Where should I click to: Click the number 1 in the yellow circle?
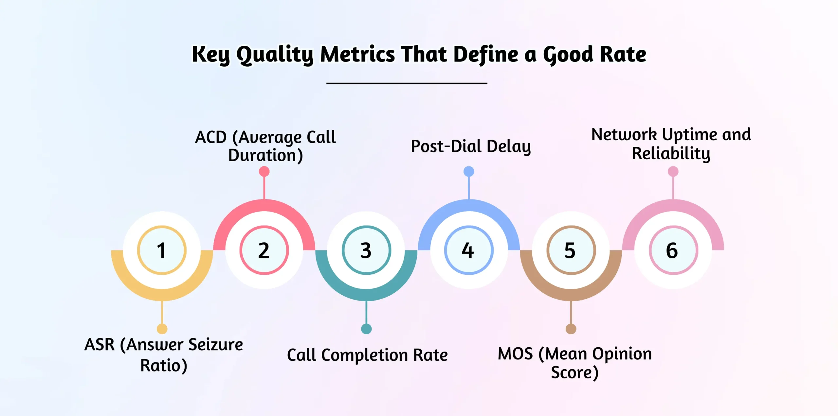point(161,251)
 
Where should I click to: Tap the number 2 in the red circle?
point(264,251)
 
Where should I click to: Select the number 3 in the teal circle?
point(366,251)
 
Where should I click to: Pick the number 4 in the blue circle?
point(468,251)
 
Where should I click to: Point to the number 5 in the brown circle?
point(570,251)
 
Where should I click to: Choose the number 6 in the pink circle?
point(672,251)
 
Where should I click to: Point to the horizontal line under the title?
point(407,83)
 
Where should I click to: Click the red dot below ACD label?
point(264,171)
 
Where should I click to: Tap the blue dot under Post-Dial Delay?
point(469,171)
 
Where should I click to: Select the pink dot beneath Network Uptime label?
point(673,171)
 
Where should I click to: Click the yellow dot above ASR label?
point(162,329)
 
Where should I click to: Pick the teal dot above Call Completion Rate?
point(366,329)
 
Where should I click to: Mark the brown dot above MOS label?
point(571,329)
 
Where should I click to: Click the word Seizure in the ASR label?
point(216,345)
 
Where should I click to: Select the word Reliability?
point(671,154)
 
